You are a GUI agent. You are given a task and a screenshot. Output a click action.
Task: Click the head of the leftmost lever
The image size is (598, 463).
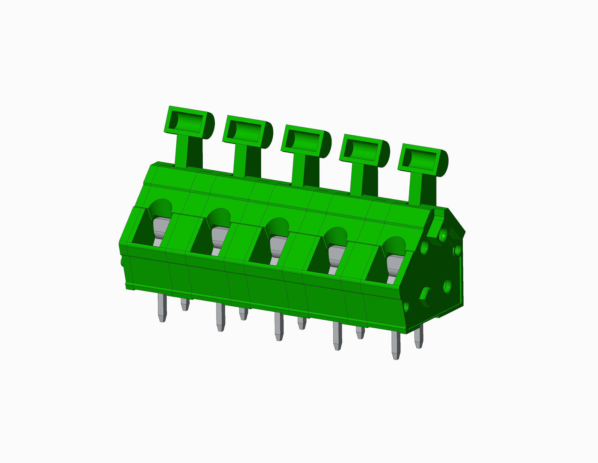[x=190, y=122]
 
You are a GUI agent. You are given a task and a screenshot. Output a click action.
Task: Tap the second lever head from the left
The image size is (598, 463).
[x=247, y=132]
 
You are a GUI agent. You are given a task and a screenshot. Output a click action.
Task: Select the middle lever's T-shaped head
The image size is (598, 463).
[x=306, y=141]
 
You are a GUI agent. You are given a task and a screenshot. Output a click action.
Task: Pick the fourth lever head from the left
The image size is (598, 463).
[x=364, y=151]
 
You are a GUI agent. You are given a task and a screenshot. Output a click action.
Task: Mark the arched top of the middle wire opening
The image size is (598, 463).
[x=277, y=226]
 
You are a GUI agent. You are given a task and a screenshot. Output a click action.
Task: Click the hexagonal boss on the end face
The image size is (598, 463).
[x=425, y=294]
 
